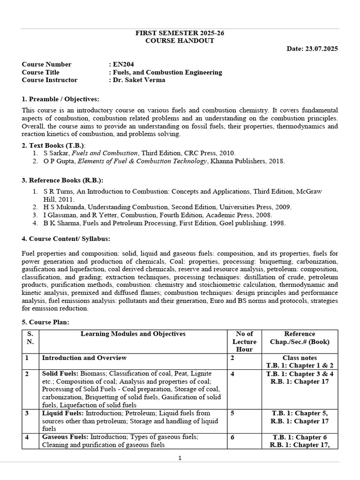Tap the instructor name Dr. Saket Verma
139,80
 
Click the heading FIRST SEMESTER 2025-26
180,33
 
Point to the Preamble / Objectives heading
60,99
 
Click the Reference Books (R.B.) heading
62,180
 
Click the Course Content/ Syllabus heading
66,239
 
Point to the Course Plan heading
45,322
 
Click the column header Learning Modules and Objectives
133,334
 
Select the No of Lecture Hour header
244,341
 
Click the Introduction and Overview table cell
84,358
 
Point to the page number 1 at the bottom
180,458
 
